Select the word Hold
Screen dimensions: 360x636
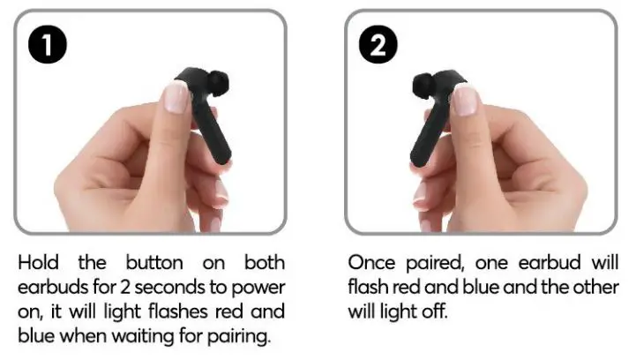point(37,262)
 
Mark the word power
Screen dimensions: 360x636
point(261,288)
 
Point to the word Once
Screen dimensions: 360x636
point(370,262)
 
